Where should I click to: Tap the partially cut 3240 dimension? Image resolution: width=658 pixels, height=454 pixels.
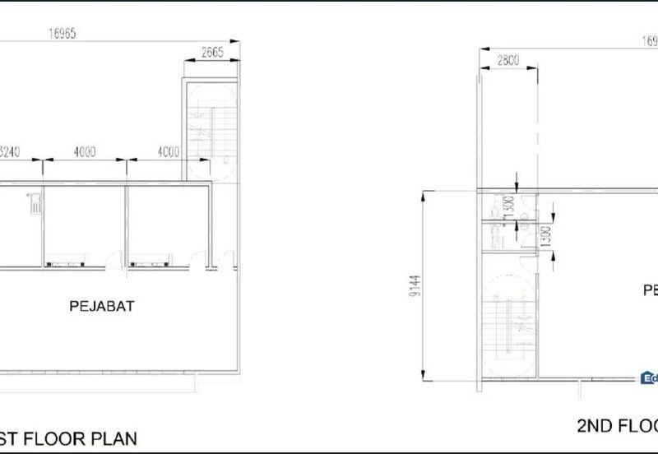(10, 151)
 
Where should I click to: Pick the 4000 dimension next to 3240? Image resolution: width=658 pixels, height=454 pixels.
(84, 151)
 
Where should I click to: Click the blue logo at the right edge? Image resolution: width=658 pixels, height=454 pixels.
(649, 378)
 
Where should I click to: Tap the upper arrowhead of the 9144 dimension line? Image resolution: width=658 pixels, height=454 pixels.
(425, 192)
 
